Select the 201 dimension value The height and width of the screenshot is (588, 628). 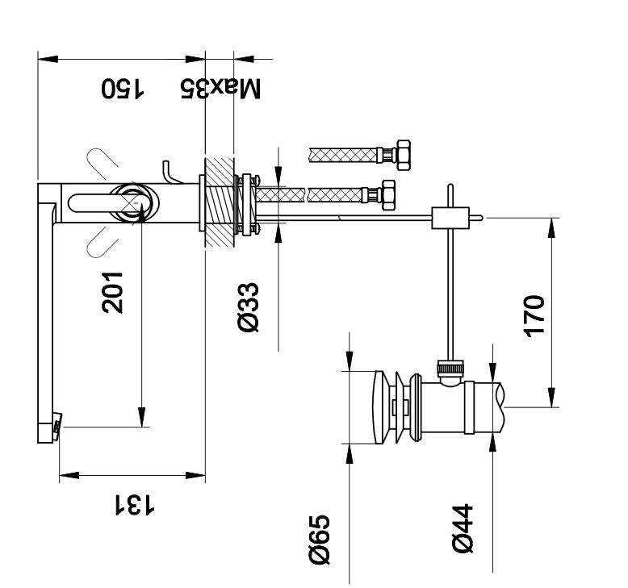coord(112,292)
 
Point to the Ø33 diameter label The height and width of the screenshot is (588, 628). coord(248,307)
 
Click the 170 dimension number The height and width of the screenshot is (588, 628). coord(534,318)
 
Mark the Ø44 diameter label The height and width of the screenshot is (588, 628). coord(463,530)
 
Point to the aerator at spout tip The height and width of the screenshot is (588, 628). coord(57,425)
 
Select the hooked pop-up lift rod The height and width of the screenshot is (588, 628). coord(168,171)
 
